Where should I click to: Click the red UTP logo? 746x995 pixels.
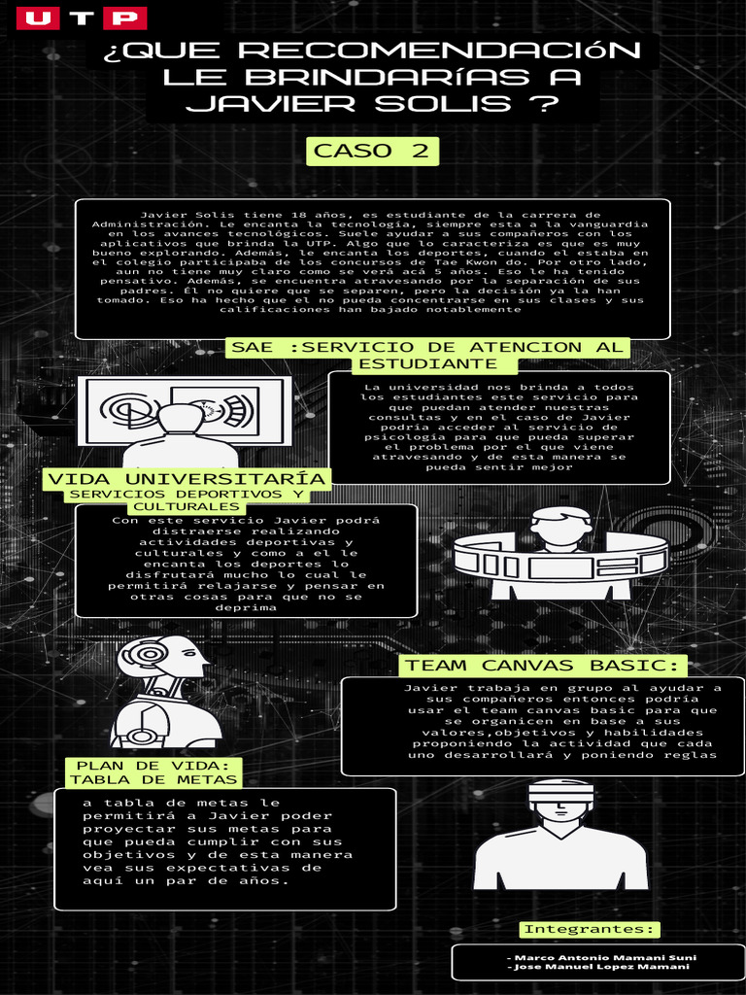83,18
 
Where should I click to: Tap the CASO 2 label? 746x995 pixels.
372,151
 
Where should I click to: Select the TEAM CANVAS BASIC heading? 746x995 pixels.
542,666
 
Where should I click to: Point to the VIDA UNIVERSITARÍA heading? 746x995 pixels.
186,479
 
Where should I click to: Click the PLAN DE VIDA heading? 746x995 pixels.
153,765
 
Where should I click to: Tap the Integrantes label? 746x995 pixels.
590,929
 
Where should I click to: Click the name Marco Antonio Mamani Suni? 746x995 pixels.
601,957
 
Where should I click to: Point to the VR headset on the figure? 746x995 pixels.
560,793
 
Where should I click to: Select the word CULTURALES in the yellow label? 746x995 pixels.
186,506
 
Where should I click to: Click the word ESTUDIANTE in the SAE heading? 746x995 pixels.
427,363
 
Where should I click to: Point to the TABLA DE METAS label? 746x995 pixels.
153,779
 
